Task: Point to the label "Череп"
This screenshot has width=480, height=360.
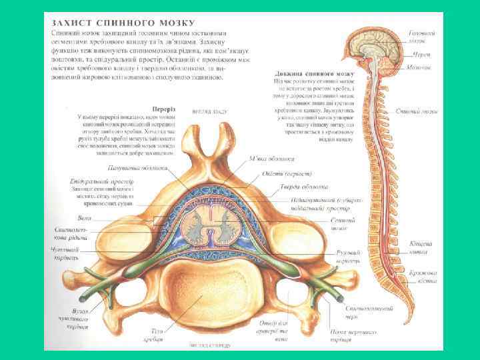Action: (x=421, y=53)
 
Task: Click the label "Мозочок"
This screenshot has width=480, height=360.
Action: (x=419, y=67)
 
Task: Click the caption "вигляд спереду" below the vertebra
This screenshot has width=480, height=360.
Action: (x=213, y=345)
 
